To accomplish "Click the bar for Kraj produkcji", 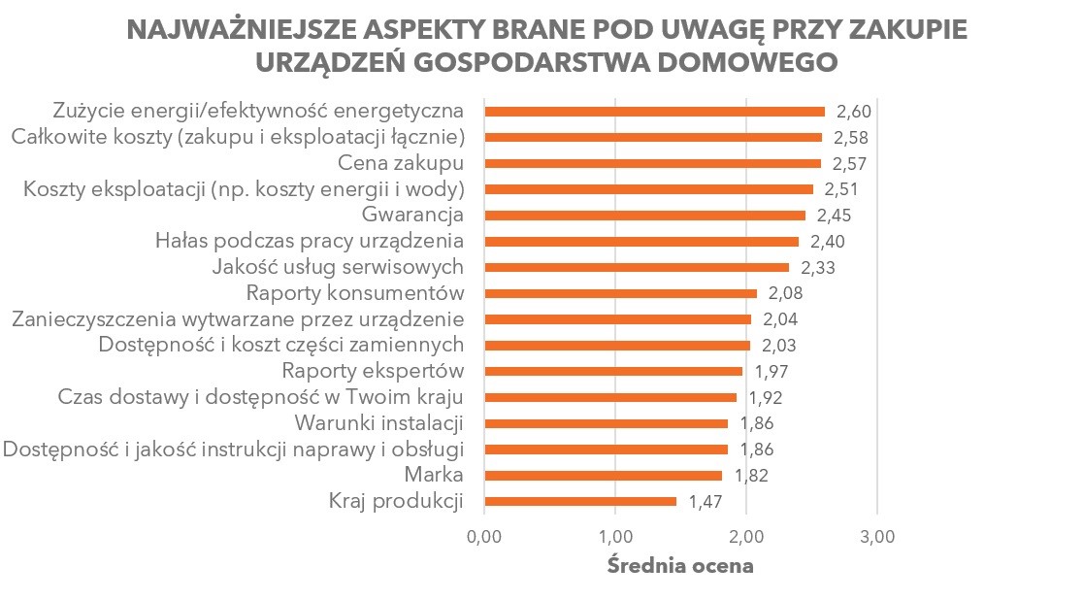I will point(580,501).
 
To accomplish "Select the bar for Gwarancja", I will point(644,215).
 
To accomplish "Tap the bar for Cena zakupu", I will point(652,163).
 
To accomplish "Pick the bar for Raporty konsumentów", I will point(620,293).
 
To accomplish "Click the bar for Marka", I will point(603,476).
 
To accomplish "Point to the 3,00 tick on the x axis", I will point(877,535).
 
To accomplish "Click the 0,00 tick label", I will point(484,535).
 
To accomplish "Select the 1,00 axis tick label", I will point(615,535).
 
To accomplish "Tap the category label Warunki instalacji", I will point(378,423).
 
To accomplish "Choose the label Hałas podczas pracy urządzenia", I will point(310,241).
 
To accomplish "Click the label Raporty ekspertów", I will point(373,371).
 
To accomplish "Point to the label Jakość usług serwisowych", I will point(338,267).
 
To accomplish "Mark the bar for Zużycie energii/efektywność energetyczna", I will point(654,111).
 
